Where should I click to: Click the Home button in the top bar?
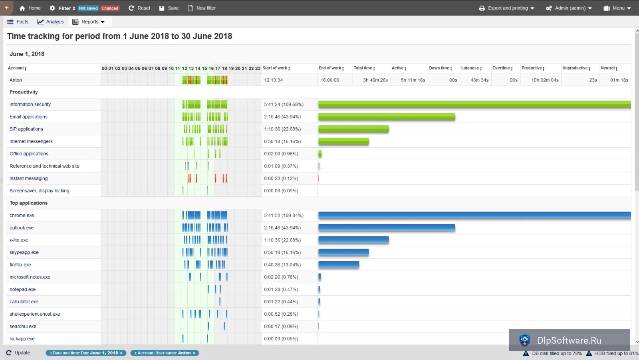[30, 8]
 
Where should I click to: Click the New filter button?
[201, 8]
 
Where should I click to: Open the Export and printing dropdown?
[506, 8]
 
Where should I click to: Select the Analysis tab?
[50, 22]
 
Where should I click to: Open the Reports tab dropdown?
[88, 22]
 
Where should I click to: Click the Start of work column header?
[276, 68]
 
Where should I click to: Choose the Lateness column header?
[471, 68]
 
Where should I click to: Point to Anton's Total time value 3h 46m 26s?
[375, 80]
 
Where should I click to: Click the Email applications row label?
[28, 117]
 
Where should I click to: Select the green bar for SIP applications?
[353, 129]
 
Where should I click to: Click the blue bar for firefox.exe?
[339, 265]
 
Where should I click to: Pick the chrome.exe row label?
[22, 216]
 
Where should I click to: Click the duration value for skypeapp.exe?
[282, 253]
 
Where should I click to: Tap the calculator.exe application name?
[24, 302]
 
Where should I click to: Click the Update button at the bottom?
[18, 353]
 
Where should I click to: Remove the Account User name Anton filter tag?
[194, 353]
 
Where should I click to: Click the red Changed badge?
[110, 8]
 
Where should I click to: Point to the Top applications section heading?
[28, 203]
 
